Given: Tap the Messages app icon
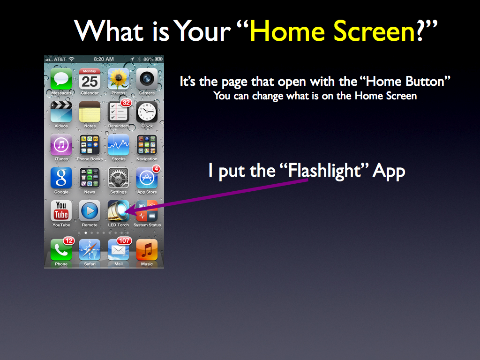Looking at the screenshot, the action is pyautogui.click(x=61, y=79).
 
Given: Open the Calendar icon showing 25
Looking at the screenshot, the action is pyautogui.click(x=90, y=79).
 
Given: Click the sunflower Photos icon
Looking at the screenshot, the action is pyautogui.click(x=119, y=79).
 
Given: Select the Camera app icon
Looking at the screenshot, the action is pyautogui.click(x=147, y=79).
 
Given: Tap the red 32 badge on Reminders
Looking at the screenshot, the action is pyautogui.click(x=126, y=103).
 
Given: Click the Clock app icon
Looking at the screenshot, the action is pyautogui.click(x=147, y=112).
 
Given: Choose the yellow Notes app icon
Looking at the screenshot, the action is pyautogui.click(x=90, y=112).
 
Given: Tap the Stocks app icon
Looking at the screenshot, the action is pyautogui.click(x=119, y=145).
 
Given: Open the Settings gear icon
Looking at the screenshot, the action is pyautogui.click(x=119, y=178).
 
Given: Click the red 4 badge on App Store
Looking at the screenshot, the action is pyautogui.click(x=157, y=169).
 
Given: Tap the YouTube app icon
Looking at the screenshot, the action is pyautogui.click(x=61, y=211).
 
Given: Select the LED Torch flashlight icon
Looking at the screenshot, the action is pyautogui.click(x=119, y=211).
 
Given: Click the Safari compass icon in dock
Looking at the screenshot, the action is pyautogui.click(x=90, y=250).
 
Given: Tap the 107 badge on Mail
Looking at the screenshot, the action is pyautogui.click(x=124, y=241).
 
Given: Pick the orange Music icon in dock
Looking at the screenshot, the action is pyautogui.click(x=147, y=250).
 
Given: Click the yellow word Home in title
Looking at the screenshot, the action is pyautogui.click(x=287, y=31).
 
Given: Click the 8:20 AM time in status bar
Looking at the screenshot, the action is pyautogui.click(x=104, y=59).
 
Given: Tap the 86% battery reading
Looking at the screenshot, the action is pyautogui.click(x=149, y=59).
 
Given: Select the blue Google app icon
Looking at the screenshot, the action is pyautogui.click(x=61, y=178).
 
